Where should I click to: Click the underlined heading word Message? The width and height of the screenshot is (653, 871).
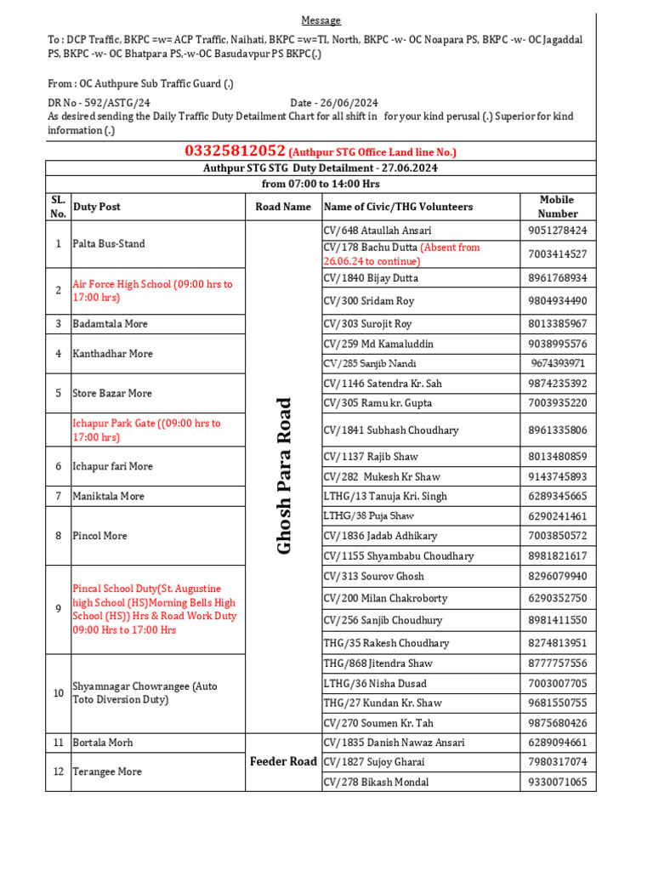(321, 20)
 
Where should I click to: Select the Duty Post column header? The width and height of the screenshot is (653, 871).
(97, 207)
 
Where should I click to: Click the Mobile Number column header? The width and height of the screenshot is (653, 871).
(557, 207)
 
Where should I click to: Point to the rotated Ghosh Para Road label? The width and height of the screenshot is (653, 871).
(284, 476)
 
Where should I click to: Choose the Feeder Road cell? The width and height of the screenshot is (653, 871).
(283, 761)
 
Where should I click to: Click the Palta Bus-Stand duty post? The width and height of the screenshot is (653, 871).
(109, 244)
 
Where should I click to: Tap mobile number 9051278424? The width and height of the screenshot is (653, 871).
(557, 231)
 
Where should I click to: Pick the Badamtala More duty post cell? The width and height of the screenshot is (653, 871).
(110, 324)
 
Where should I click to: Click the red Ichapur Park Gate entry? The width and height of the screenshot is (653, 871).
(146, 430)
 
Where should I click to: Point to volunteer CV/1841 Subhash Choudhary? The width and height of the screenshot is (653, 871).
(391, 430)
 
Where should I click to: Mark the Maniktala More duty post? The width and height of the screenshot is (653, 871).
(109, 496)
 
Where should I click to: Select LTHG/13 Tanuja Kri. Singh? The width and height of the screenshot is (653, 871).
(385, 496)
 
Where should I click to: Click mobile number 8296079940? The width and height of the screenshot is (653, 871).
(557, 576)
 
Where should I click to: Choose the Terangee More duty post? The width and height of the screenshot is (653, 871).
(107, 771)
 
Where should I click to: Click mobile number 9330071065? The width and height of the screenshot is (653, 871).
(557, 783)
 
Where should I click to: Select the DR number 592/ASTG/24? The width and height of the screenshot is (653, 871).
(112, 102)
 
